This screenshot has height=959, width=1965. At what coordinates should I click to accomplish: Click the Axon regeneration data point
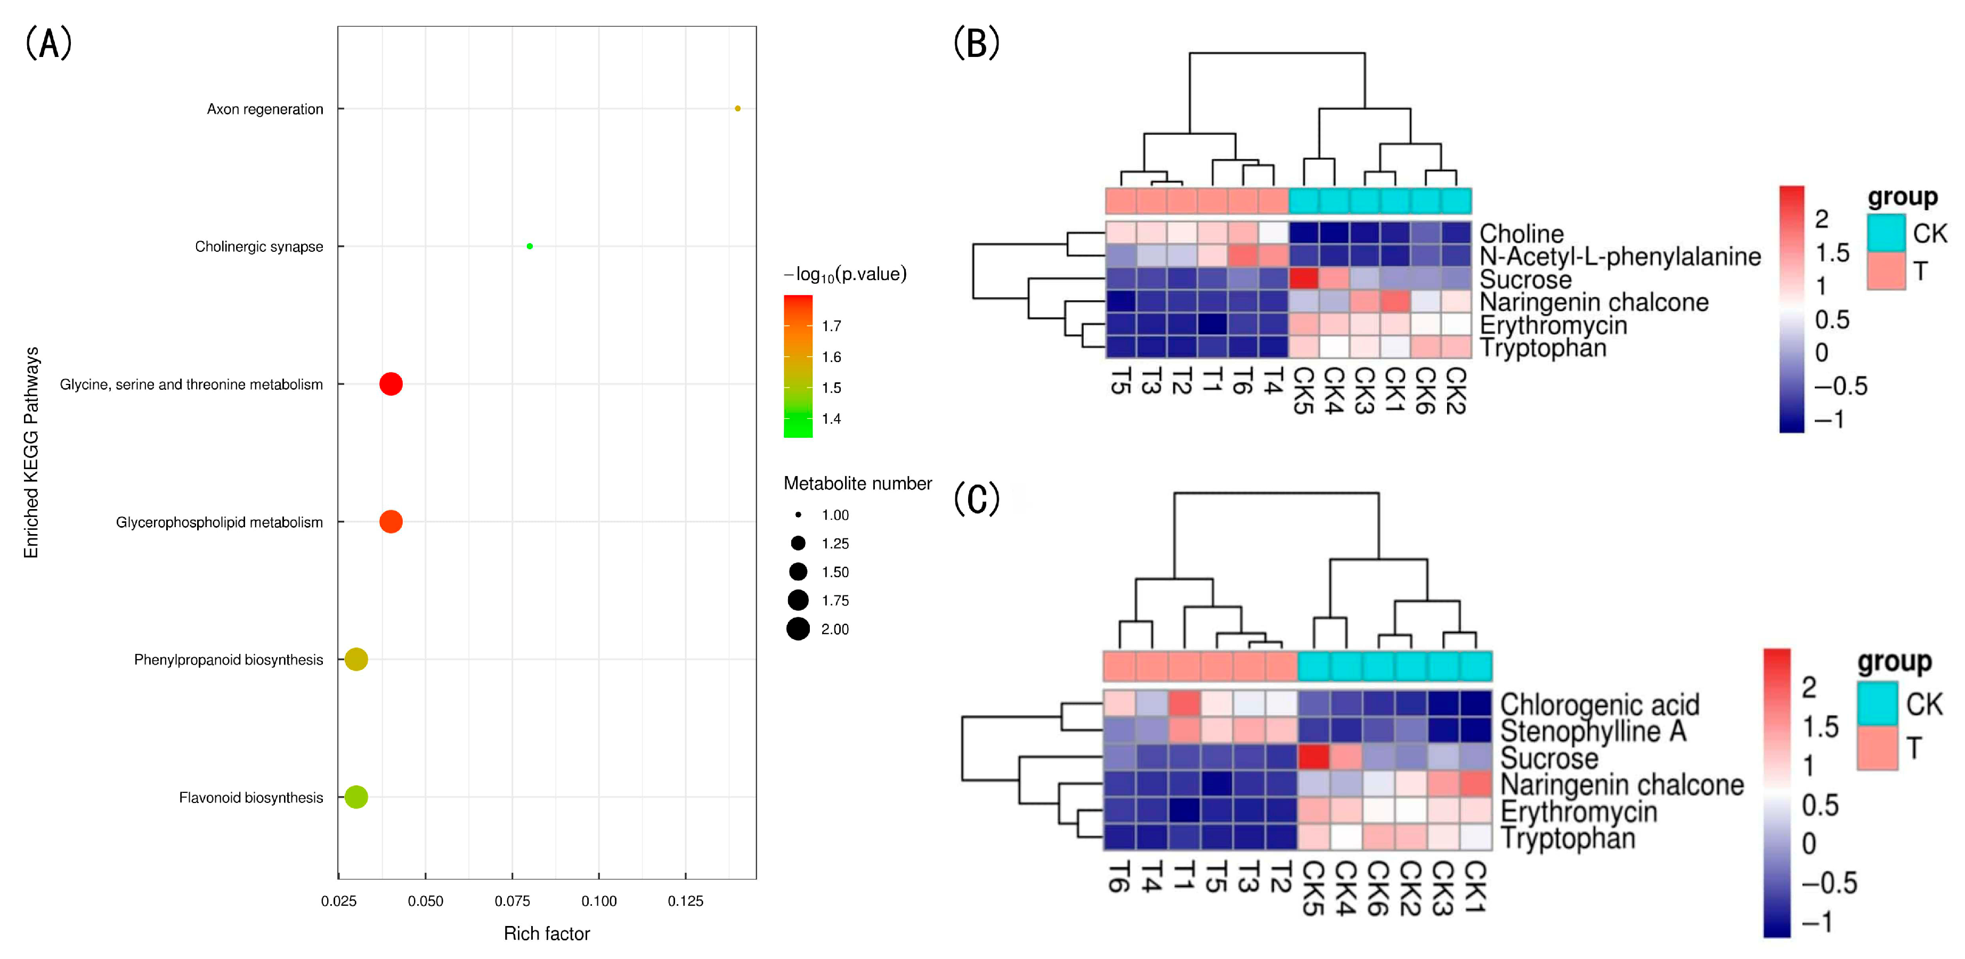click(x=737, y=108)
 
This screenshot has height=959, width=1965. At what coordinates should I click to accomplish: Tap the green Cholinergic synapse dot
click(x=530, y=246)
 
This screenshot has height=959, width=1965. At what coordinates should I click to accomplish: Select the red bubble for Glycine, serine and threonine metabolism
click(x=391, y=383)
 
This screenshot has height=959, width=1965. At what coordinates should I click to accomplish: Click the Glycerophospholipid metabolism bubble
click(x=391, y=521)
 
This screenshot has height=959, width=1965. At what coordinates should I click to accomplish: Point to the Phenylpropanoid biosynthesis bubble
click(x=356, y=659)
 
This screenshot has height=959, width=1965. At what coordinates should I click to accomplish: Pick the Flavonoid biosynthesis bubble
click(x=356, y=797)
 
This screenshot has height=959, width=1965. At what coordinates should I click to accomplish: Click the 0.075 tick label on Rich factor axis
click(x=512, y=901)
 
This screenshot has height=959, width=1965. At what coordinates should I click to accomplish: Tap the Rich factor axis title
click(x=546, y=933)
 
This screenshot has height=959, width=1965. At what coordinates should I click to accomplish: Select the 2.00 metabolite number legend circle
click(x=798, y=629)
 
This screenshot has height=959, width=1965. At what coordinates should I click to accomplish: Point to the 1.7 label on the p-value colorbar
click(x=832, y=326)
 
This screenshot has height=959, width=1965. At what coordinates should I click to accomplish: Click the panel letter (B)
click(x=977, y=43)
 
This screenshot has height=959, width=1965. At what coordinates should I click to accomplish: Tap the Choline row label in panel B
click(x=1521, y=233)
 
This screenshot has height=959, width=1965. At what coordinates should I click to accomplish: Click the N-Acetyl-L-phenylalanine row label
click(x=1619, y=256)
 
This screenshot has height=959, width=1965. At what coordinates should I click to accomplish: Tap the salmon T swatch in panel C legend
click(x=1877, y=748)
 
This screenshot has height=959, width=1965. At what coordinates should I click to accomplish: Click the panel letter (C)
click(x=977, y=499)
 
